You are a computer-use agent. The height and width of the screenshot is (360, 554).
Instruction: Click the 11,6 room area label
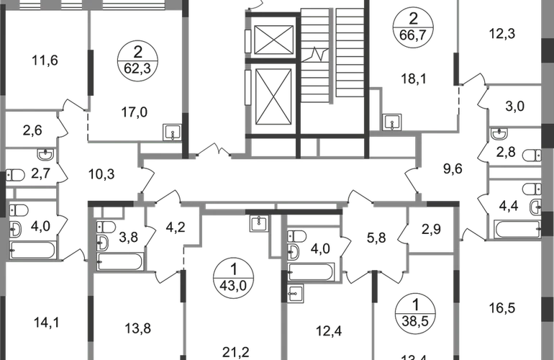point(45,60)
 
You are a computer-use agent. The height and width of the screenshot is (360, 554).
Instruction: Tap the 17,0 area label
point(136,112)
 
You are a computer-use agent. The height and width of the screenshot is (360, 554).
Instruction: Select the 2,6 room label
point(32,130)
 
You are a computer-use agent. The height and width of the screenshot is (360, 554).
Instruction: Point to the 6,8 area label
point(377,235)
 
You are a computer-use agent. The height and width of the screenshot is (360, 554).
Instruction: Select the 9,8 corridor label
point(454,171)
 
